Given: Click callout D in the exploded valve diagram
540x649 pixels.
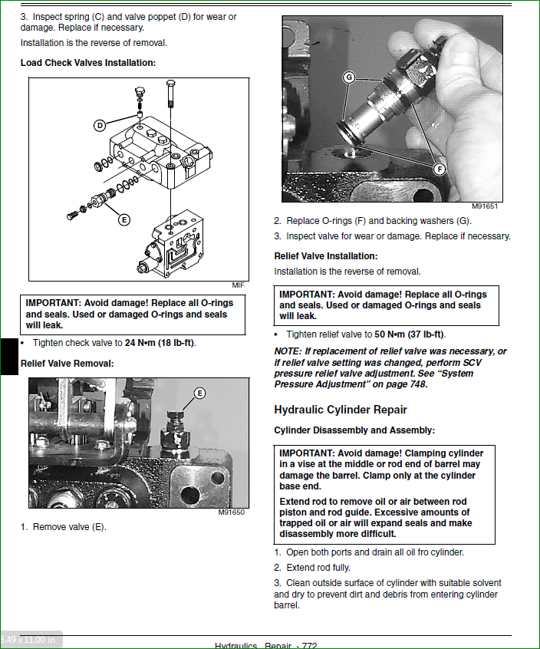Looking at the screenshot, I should click(x=100, y=126).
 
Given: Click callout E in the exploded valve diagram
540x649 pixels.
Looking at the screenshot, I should click(x=123, y=219).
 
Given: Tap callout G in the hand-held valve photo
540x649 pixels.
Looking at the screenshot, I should click(x=349, y=77).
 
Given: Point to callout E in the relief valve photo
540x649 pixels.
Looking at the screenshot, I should click(x=199, y=394).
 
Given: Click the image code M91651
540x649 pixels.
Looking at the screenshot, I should click(x=485, y=206).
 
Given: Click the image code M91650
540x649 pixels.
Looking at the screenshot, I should click(x=232, y=512).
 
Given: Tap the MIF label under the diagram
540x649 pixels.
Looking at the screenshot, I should click(x=238, y=285).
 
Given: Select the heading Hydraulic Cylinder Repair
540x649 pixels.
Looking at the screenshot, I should click(x=341, y=410).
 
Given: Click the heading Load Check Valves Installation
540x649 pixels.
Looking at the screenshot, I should click(x=87, y=62).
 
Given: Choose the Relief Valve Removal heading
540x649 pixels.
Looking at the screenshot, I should click(x=67, y=363).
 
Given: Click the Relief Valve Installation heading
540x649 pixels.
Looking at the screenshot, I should click(x=326, y=256).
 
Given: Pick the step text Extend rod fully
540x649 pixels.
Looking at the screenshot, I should click(x=318, y=568).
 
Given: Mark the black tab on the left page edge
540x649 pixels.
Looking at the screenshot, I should click(x=8, y=356).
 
